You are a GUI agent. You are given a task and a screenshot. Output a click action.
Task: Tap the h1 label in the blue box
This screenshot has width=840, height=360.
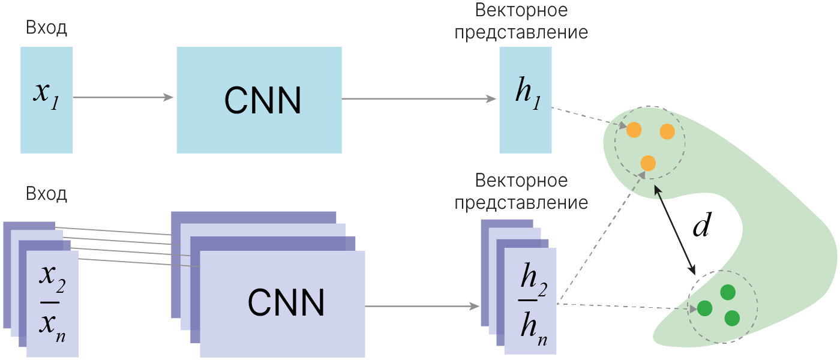[526, 97]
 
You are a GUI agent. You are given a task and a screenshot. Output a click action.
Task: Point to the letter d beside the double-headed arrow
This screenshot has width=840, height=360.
[700, 226]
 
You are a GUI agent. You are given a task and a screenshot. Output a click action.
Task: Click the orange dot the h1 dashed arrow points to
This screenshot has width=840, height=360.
[634, 130]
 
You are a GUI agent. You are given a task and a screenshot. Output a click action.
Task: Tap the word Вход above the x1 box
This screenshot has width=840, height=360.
[46, 28]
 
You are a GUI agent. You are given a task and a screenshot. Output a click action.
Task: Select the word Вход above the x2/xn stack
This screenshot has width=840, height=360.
[46, 194]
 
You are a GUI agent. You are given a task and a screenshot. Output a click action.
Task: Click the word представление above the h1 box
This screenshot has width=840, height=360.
[521, 32]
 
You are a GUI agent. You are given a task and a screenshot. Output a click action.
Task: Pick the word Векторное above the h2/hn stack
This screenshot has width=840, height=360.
[521, 181]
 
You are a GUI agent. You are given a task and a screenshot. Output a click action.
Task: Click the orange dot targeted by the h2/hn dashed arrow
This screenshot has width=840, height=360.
[647, 163]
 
